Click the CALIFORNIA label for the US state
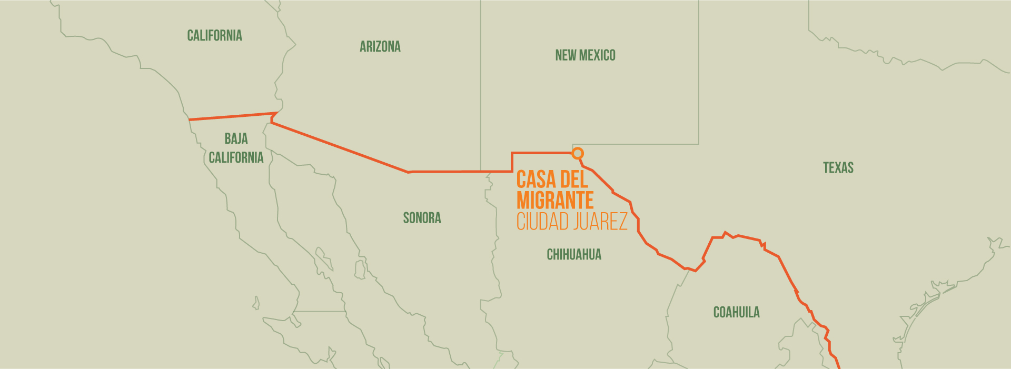[214, 36]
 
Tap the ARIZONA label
[380, 47]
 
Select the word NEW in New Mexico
[566, 55]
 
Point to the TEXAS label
[838, 168]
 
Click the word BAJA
[236, 139]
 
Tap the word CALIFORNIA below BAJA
[236, 157]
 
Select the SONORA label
[422, 218]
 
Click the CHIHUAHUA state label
[573, 255]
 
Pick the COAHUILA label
[736, 313]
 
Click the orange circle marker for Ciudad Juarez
[578, 153]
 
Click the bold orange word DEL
[574, 180]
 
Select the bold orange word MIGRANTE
[555, 201]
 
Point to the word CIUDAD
[542, 222]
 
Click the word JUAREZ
[601, 222]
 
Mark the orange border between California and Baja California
[232, 116]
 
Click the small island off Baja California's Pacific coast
[256, 303]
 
